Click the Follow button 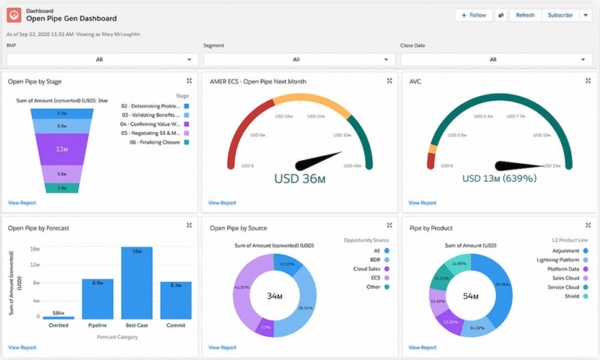(x=474, y=15)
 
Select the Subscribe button (x=559, y=15)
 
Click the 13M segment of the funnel (x=62, y=148)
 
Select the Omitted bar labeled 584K (x=59, y=317)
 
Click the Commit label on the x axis (x=176, y=326)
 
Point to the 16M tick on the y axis (x=35, y=249)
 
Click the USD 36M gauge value (x=298, y=178)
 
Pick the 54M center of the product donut (x=472, y=297)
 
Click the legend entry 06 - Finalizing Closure (x=150, y=142)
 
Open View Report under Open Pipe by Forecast (x=22, y=348)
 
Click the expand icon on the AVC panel (x=588, y=80)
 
